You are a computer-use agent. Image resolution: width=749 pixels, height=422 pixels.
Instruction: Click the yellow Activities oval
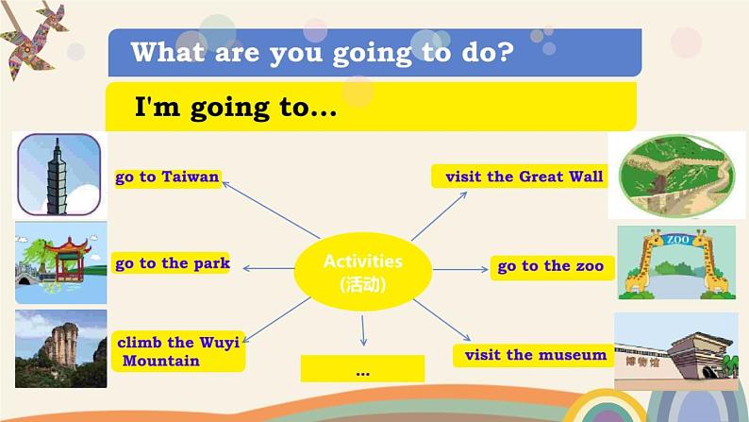pyautogui.click(x=363, y=272)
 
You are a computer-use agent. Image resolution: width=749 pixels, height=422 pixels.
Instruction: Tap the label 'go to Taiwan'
pyautogui.click(x=168, y=177)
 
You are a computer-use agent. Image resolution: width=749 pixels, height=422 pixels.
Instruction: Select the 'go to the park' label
pyautogui.click(x=171, y=263)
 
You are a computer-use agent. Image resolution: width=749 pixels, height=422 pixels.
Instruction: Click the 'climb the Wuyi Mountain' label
pyautogui.click(x=178, y=351)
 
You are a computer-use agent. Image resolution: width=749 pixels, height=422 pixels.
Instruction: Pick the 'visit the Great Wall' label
pyautogui.click(x=520, y=177)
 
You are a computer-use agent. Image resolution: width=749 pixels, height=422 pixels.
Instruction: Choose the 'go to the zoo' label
pyautogui.click(x=552, y=266)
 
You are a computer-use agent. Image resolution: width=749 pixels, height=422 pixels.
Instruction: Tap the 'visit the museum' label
pyautogui.click(x=534, y=355)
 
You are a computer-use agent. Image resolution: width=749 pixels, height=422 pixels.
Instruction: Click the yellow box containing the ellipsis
pyautogui.click(x=362, y=368)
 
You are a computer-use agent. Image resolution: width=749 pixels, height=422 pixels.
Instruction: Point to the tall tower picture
pyautogui.click(x=58, y=175)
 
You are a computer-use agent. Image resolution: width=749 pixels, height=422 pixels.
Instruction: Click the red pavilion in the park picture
pyautogui.click(x=68, y=259)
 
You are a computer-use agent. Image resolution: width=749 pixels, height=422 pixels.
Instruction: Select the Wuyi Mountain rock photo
pyautogui.click(x=61, y=348)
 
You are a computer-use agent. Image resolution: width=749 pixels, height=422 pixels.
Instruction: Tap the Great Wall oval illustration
pyautogui.click(x=676, y=175)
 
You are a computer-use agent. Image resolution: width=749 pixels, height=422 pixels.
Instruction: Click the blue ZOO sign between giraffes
pyautogui.click(x=677, y=239)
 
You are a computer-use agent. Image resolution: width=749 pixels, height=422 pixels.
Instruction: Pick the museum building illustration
pyautogui.click(x=676, y=351)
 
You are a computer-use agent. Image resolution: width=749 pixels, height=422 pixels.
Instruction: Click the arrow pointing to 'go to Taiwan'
pyautogui.click(x=271, y=210)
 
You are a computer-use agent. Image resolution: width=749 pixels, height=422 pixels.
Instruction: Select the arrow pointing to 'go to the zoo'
pyautogui.click(x=460, y=270)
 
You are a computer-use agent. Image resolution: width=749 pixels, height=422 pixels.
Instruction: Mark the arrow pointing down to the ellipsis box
pyautogui.click(x=363, y=330)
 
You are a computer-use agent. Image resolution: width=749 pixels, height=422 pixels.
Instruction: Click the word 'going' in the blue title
pyautogui.click(x=372, y=54)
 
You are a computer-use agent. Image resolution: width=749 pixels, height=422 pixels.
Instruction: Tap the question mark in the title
pyautogui.click(x=504, y=52)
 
